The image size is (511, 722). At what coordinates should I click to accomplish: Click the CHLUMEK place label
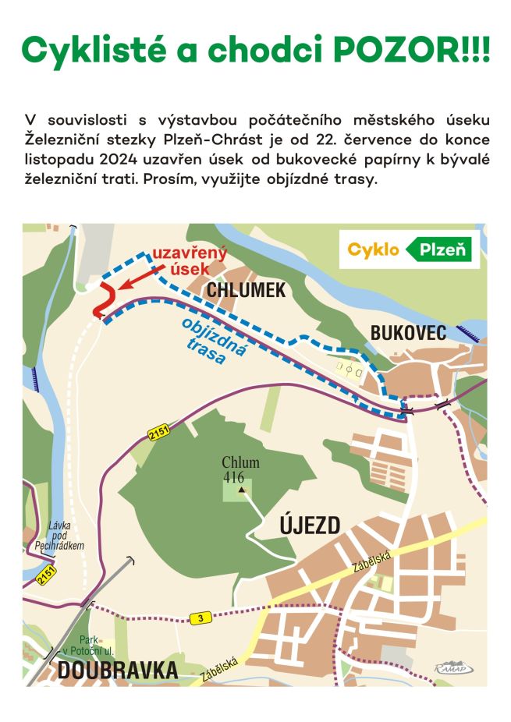click(247, 291)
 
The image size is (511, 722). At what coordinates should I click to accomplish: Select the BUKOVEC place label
click(408, 334)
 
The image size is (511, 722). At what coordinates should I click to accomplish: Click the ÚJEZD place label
click(310, 526)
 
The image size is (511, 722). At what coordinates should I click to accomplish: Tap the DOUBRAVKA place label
click(117, 671)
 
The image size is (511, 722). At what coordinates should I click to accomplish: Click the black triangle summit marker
click(242, 490)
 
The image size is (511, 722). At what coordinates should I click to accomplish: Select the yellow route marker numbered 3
click(200, 619)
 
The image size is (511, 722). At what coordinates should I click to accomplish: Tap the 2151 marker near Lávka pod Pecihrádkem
click(45, 576)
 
